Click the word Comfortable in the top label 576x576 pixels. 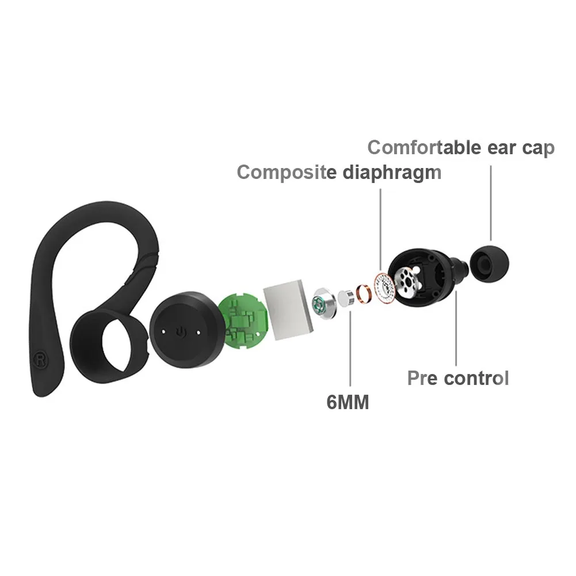424,148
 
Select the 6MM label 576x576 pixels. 348,402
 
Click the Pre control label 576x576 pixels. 458,378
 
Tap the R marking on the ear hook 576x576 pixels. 39,360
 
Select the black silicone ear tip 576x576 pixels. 490,264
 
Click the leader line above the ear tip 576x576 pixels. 491,203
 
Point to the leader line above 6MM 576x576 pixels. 350,348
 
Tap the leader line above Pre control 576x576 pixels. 456,327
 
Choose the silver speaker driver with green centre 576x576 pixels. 325,303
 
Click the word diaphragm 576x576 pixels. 392,172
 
